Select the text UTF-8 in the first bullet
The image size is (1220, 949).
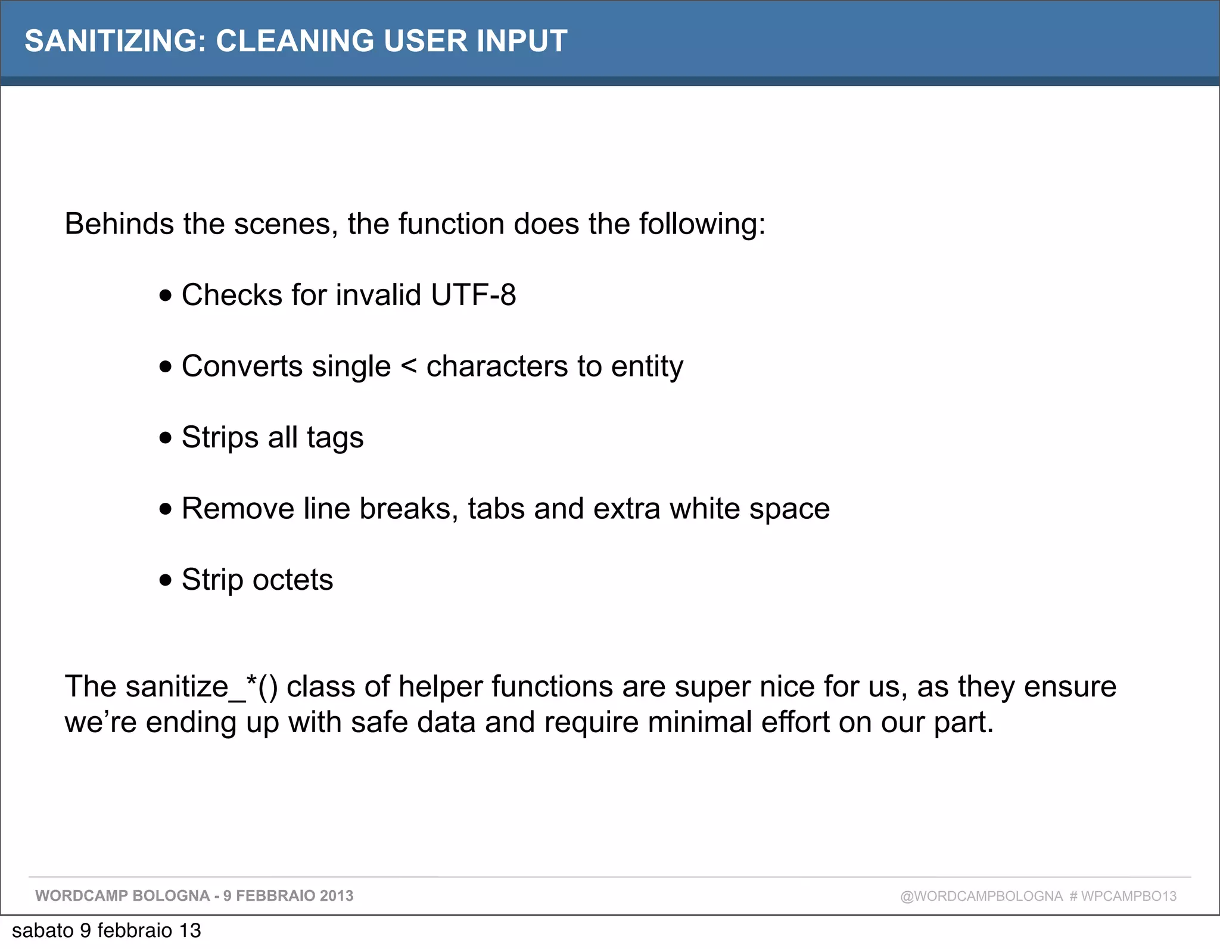(x=473, y=295)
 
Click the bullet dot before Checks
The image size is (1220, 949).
(x=166, y=295)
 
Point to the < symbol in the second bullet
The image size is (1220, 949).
(x=409, y=366)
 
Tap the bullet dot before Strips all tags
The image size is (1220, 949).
(x=166, y=438)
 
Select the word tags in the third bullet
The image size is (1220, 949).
(x=335, y=438)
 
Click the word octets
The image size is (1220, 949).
(x=292, y=580)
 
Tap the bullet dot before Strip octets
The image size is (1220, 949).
(x=166, y=580)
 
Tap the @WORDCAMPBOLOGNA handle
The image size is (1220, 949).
(x=981, y=896)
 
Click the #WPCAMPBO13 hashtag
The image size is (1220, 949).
(x=1123, y=896)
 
